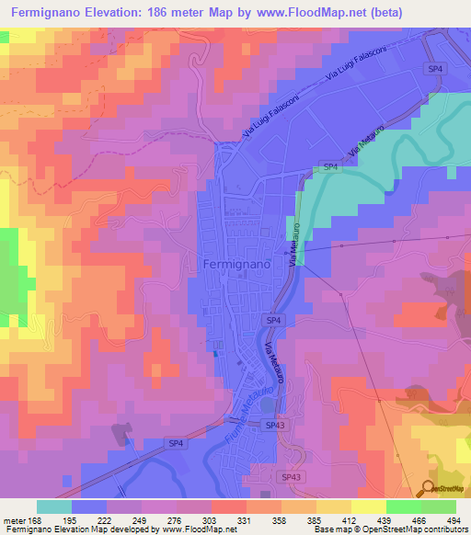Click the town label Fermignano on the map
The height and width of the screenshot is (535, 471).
(235, 265)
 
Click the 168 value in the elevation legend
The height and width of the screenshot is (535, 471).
(38, 519)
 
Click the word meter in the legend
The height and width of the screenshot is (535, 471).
(13, 519)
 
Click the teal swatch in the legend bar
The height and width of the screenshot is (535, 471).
(54, 507)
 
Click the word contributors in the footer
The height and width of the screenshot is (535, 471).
(442, 529)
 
